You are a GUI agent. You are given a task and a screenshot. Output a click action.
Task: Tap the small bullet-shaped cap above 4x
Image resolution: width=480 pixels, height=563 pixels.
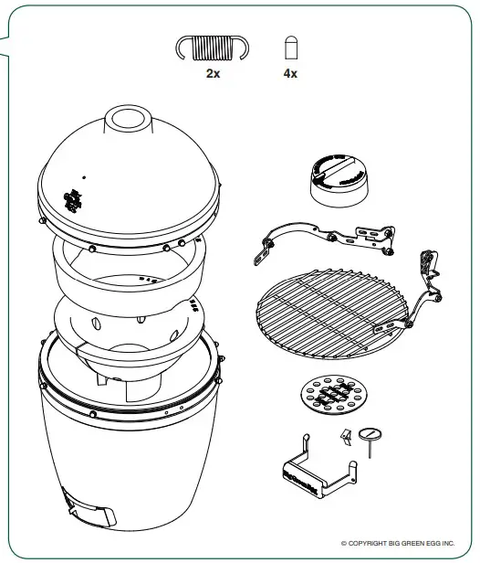click(x=290, y=48)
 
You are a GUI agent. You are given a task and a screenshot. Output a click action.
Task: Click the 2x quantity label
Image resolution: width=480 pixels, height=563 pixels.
click(x=213, y=74)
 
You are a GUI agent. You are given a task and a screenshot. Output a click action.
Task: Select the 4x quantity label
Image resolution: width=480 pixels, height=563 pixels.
click(x=290, y=74)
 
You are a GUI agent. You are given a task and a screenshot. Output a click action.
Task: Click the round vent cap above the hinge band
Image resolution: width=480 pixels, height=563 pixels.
click(x=339, y=179)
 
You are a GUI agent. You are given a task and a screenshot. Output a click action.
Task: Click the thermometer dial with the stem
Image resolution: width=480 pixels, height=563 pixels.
click(x=370, y=432)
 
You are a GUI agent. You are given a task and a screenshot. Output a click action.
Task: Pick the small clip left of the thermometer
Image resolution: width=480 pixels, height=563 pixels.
click(x=345, y=438)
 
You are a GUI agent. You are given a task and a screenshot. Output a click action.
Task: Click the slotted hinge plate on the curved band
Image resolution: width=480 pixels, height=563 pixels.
click(x=373, y=238)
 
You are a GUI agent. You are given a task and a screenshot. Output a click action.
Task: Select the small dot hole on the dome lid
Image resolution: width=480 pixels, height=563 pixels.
click(x=83, y=178)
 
